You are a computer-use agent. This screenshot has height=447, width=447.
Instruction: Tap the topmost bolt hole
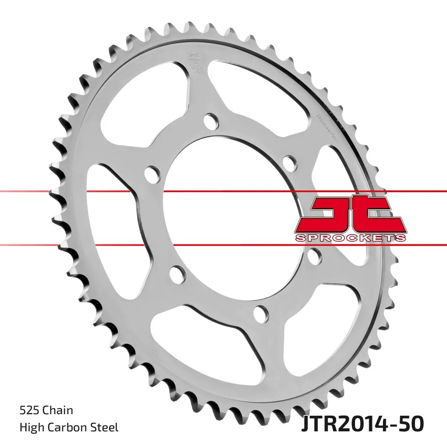212,121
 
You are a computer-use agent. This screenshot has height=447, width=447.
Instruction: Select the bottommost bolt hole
262,312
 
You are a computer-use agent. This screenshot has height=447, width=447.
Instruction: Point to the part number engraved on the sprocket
326,127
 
